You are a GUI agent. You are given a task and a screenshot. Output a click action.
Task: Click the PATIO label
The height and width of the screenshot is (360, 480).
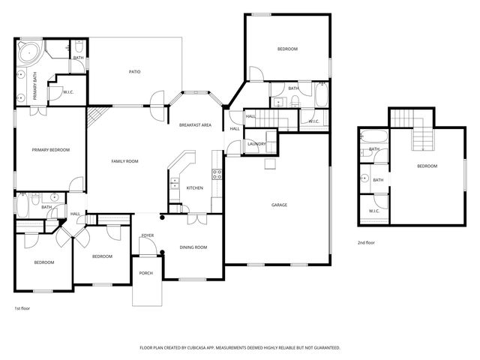tap(135, 72)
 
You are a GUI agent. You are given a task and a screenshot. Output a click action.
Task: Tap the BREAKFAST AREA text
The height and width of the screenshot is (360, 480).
tap(195, 124)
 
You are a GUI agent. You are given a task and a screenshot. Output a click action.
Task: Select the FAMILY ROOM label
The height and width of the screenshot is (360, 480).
tap(125, 161)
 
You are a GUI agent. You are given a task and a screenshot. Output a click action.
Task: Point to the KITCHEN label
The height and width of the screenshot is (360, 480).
tap(194, 187)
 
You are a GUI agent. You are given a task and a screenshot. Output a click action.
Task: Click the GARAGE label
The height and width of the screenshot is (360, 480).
tap(279, 205)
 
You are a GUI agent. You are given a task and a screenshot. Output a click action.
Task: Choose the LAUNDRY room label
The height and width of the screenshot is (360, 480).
tap(257, 144)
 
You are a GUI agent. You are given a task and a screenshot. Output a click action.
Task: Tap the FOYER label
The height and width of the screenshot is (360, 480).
tap(148, 235)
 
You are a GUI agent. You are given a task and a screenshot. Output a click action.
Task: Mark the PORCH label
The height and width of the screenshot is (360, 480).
tap(146, 273)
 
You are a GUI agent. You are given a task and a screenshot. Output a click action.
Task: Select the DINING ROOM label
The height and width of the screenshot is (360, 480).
tap(193, 247)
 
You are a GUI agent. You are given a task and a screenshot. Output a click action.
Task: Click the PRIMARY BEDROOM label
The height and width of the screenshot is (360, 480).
tap(50, 150)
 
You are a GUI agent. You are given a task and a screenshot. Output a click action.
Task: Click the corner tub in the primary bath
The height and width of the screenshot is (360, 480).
tap(28, 52)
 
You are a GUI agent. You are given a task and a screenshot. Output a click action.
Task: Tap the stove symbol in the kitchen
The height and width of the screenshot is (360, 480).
tap(217, 174)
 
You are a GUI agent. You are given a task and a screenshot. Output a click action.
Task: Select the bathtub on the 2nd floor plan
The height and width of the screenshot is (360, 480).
tap(373, 137)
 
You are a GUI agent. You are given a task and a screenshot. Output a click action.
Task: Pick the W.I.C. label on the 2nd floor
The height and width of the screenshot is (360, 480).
tap(374, 211)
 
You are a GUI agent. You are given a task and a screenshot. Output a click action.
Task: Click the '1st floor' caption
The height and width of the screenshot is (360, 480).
tap(22, 308)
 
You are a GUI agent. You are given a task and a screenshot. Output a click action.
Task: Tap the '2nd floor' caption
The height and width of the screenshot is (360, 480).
tap(366, 242)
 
